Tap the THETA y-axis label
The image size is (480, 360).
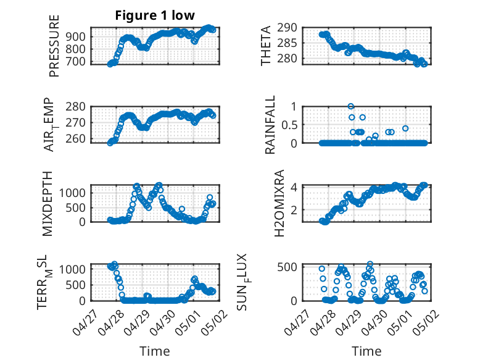tap(266, 45)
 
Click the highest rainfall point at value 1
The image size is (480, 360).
tap(351, 106)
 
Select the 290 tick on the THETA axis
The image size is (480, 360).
tap(290, 28)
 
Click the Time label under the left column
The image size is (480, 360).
tap(154, 351)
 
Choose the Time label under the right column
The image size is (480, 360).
tap(366, 351)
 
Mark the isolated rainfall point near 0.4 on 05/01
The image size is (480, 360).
tap(405, 128)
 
